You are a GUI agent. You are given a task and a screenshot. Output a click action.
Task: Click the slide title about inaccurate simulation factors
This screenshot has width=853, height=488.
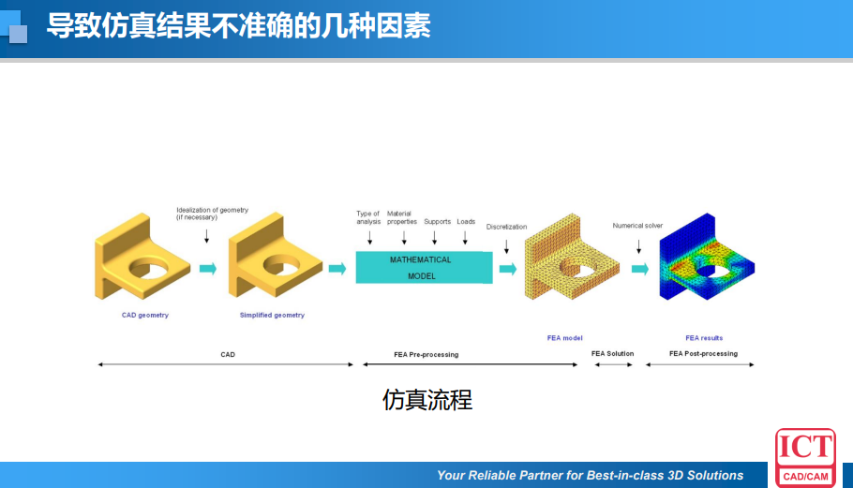tap(238, 25)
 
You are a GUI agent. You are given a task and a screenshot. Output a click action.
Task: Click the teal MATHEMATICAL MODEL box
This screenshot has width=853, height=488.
tap(424, 268)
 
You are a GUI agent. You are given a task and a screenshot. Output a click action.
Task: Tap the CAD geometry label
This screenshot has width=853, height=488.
tap(145, 315)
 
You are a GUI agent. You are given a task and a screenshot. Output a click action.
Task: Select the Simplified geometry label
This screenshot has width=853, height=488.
tap(272, 315)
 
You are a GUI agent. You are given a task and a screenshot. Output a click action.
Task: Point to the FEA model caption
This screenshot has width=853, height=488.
tap(565, 337)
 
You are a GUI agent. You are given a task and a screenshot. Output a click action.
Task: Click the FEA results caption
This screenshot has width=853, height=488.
tap(704, 337)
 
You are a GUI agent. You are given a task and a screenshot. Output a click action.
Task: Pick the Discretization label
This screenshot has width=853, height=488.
tap(506, 227)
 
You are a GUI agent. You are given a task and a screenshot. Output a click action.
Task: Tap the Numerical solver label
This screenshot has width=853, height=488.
tap(637, 226)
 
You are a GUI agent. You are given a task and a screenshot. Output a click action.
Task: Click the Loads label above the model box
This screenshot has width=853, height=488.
tap(466, 222)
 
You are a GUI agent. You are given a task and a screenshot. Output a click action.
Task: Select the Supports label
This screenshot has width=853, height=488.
tap(437, 222)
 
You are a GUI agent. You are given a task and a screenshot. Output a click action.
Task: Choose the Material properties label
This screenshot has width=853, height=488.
tap(401, 217)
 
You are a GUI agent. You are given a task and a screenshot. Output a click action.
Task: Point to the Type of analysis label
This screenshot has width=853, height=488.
tap(368, 217)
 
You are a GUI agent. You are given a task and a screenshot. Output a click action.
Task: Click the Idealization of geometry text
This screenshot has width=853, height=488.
tap(212, 214)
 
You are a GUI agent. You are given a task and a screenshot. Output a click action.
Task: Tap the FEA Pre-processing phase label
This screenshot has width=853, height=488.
tap(426, 354)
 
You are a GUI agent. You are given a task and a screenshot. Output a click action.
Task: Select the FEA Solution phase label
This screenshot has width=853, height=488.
tap(612, 353)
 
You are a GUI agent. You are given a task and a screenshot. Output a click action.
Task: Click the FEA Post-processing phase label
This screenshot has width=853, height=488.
tap(703, 353)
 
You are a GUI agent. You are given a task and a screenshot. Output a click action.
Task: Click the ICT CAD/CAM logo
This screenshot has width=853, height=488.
tap(805, 457)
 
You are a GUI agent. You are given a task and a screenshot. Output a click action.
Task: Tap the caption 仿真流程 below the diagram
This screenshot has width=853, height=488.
tap(426, 400)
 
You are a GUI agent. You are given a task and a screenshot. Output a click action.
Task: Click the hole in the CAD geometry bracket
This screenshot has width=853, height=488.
tap(149, 270)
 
